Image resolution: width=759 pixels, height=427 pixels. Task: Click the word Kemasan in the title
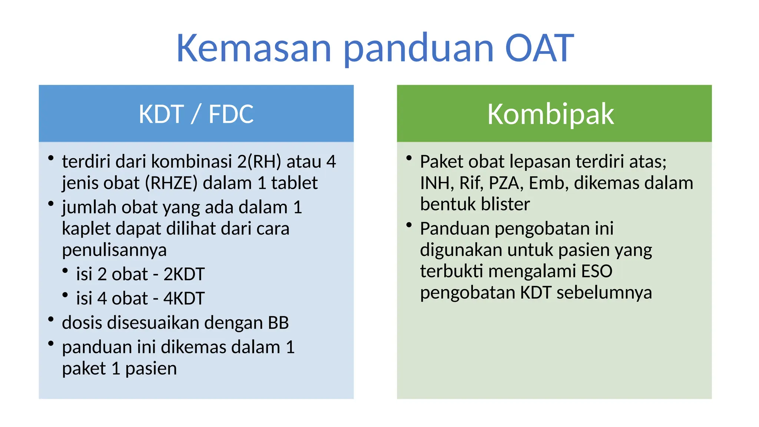coord(253,48)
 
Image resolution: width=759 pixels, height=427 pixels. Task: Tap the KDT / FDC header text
coord(196,114)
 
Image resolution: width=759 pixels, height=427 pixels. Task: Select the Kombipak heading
coord(550,114)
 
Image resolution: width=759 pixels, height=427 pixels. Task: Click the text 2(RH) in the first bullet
coord(259,162)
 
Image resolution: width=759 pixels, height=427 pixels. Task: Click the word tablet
coord(294,183)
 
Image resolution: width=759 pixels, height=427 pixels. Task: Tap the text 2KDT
coord(184,274)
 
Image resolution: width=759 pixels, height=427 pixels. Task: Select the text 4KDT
coord(184,298)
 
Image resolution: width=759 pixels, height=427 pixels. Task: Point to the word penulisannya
coord(114,250)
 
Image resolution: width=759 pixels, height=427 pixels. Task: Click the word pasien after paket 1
coord(151,368)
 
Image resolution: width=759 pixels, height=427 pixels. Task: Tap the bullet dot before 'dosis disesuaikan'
coord(51,319)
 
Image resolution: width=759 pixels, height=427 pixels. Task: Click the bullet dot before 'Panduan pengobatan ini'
coord(409,225)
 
